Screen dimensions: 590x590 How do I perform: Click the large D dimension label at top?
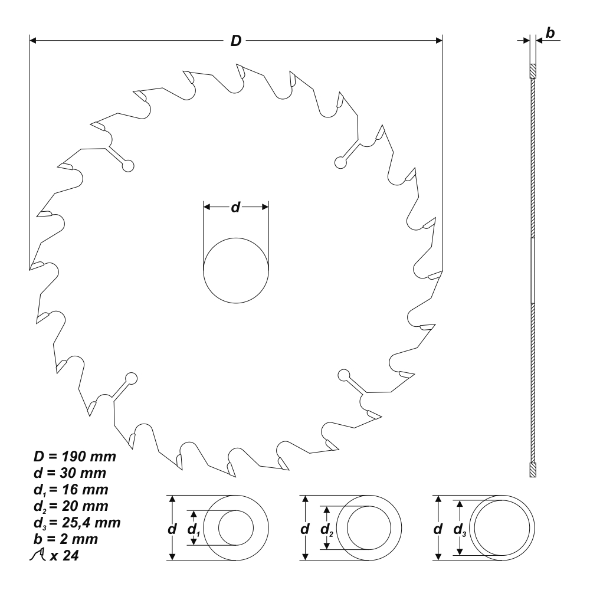point(236,40)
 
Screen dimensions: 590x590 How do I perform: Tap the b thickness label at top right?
point(550,33)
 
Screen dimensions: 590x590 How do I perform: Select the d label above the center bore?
point(235,206)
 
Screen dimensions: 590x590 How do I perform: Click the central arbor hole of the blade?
point(236,270)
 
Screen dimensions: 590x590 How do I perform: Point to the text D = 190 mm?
point(75,457)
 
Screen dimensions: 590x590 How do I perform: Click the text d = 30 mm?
point(70,473)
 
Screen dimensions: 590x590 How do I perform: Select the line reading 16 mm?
point(71,490)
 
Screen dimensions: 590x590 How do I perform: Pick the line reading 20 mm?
point(71,506)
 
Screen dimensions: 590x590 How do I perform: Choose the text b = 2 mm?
point(66,539)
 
